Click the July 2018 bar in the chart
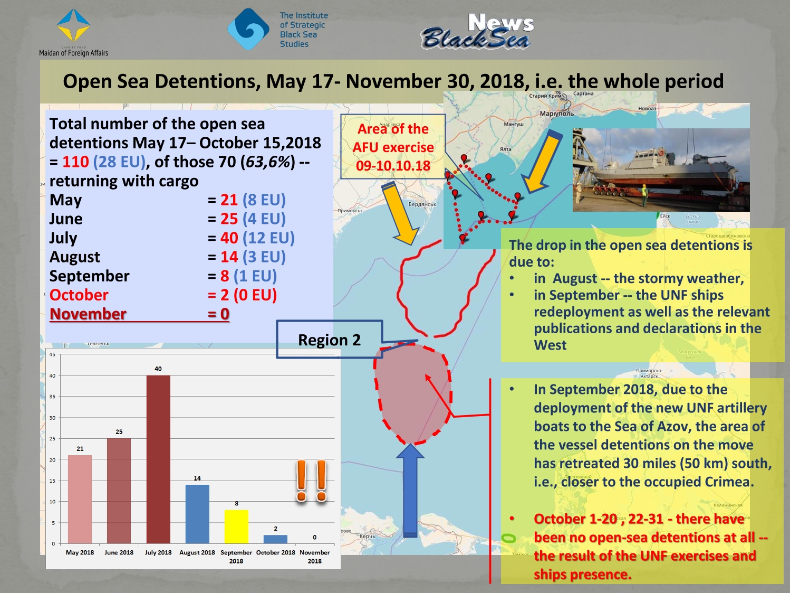coord(158,459)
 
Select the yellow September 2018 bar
coord(236,526)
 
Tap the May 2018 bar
coord(80,499)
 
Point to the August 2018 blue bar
coord(197,514)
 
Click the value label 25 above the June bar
coord(119,432)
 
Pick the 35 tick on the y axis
coord(52,397)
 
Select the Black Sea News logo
coord(477,32)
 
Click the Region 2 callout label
coord(329,340)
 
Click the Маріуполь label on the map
coord(556,114)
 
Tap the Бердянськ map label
coord(422,204)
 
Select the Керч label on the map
coord(368,536)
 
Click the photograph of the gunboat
coord(661,170)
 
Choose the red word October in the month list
coord(79,295)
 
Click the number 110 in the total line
coord(76,162)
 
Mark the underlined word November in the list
coord(88,314)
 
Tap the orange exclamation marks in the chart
coord(311,481)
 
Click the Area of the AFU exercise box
coord(393,147)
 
